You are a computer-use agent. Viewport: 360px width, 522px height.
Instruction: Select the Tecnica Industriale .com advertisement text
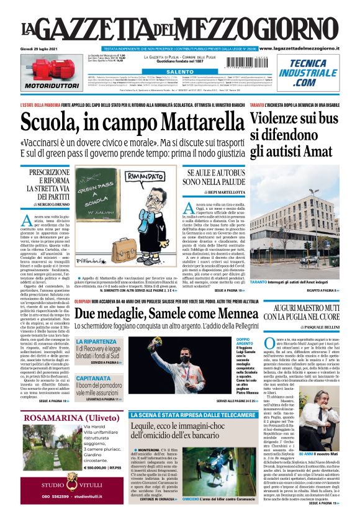[x=305, y=73]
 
